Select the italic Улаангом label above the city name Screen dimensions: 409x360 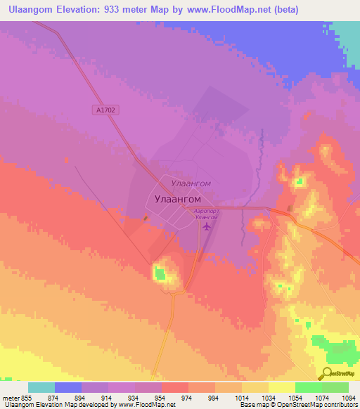pyautogui.click(x=191, y=183)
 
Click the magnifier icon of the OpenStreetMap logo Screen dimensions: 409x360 pyautogui.click(x=327, y=373)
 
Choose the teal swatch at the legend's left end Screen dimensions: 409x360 pyautogui.click(x=41, y=387)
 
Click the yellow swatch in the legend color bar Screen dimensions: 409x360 pyautogui.click(x=281, y=387)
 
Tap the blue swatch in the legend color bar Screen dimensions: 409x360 pyautogui.click(x=68, y=387)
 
